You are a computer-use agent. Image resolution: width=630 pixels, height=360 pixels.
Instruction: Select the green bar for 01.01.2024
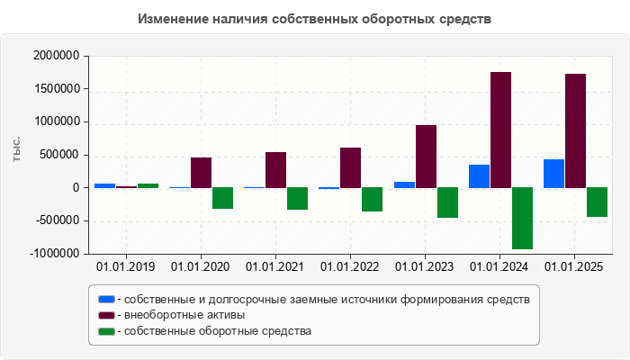tap(522, 218)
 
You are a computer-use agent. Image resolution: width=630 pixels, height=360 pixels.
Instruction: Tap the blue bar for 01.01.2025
tap(553, 174)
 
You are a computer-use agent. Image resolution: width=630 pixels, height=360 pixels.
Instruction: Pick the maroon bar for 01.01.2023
tap(426, 157)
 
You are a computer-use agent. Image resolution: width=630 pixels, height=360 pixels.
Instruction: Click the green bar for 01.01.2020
tap(223, 198)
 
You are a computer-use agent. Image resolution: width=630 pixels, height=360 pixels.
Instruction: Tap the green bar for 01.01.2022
tap(373, 199)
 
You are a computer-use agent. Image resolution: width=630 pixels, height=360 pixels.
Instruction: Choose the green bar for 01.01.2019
tap(148, 185)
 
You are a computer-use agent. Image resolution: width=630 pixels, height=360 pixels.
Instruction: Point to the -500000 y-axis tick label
tap(57, 221)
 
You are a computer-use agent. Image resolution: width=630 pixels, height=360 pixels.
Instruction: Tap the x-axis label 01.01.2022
tap(350, 266)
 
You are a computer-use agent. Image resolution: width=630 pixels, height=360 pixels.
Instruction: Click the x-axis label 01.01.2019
tap(126, 266)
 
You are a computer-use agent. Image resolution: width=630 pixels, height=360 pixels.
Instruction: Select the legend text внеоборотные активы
tap(185, 315)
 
